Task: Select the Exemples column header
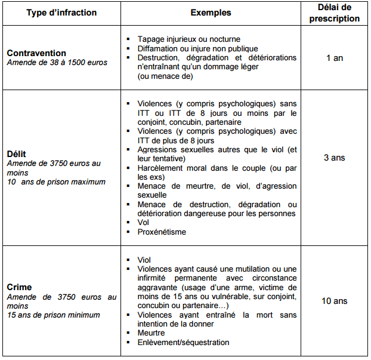(211, 13)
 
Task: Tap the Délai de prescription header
(335, 13)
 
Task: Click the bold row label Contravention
(36, 53)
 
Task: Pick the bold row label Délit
(17, 153)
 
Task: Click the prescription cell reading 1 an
(335, 58)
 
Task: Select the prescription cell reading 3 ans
(335, 158)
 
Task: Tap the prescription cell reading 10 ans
(335, 301)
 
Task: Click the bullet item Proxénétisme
(162, 232)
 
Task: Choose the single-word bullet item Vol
(143, 223)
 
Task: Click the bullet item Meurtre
(152, 333)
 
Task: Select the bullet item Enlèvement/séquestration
(183, 342)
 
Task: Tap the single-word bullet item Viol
(144, 260)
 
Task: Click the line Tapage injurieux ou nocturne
(188, 39)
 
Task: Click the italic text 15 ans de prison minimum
(54, 315)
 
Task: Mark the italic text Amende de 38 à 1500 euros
(57, 63)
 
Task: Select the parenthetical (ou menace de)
(165, 76)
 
